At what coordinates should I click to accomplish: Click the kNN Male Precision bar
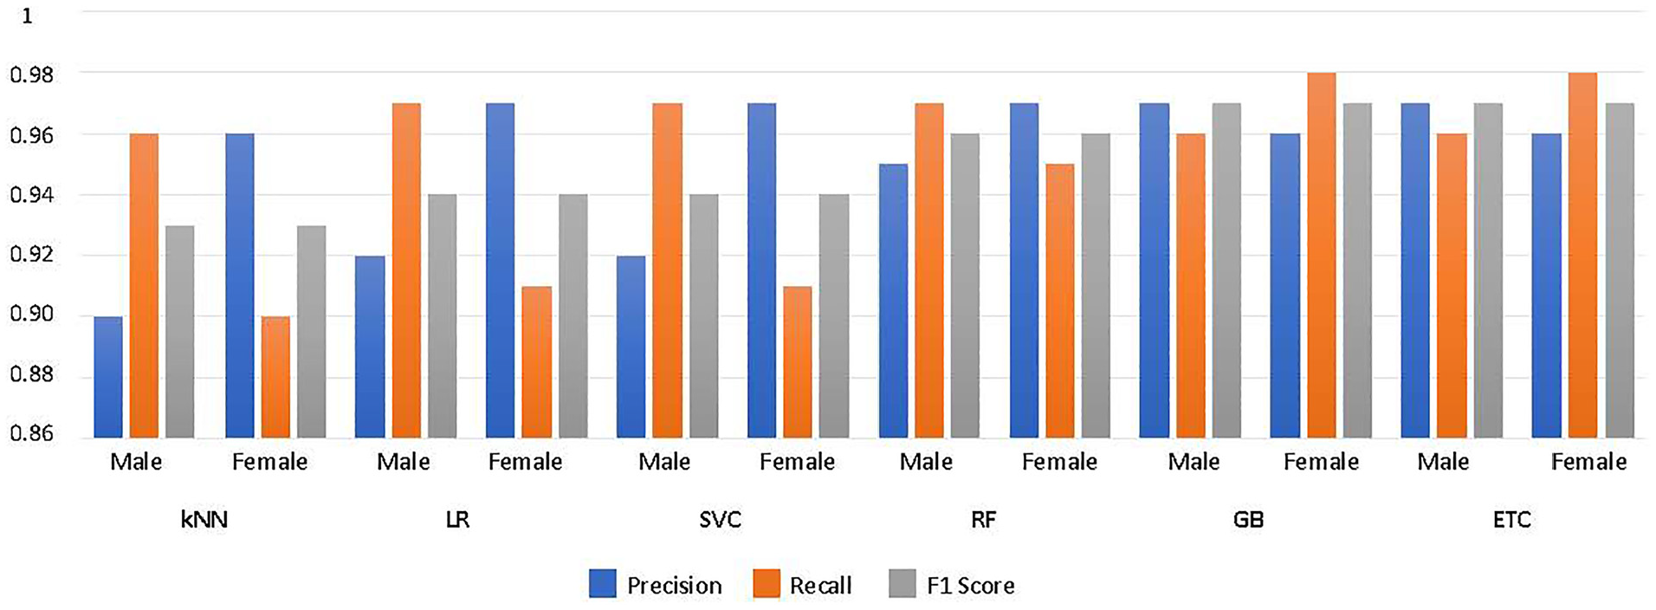click(x=108, y=377)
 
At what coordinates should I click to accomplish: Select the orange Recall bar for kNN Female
click(x=276, y=377)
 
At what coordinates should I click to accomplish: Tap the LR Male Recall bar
click(x=406, y=270)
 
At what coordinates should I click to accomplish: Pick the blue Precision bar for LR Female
click(x=500, y=270)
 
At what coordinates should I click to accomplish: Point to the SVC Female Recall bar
click(x=798, y=362)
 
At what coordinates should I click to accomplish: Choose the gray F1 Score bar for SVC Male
click(x=703, y=316)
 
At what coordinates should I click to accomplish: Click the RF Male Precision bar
click(x=893, y=301)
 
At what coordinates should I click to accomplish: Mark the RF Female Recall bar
click(x=1060, y=301)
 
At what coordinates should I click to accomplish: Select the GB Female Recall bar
click(x=1322, y=256)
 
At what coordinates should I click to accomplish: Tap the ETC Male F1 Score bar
click(x=1488, y=270)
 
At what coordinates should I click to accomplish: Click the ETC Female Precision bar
click(x=1546, y=286)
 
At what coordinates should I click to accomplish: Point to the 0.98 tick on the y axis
click(x=32, y=75)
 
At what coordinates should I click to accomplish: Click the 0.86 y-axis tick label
click(x=32, y=433)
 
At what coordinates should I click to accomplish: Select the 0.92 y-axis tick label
click(x=32, y=255)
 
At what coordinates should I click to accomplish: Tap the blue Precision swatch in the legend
click(x=603, y=584)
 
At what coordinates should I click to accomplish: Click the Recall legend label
click(x=820, y=586)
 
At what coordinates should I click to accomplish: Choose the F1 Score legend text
click(x=970, y=586)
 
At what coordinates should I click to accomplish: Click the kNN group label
click(x=204, y=520)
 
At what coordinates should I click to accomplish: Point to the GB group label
click(x=1248, y=520)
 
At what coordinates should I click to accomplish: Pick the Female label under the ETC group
click(x=1588, y=462)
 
